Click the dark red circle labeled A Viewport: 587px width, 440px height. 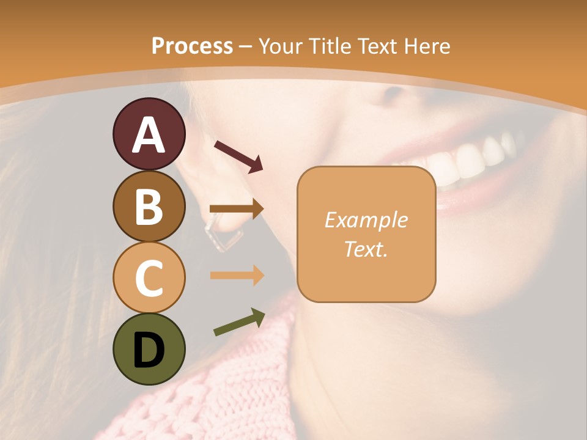pyautogui.click(x=149, y=134)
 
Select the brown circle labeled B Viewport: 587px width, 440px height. pyautogui.click(x=149, y=206)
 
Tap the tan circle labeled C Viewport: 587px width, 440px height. pyautogui.click(x=149, y=277)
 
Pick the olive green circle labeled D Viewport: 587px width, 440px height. pyautogui.click(x=149, y=349)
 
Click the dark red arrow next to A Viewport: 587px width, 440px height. pyautogui.click(x=238, y=155)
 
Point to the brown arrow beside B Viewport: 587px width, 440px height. pyautogui.click(x=236, y=209)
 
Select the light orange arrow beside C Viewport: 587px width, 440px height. pyautogui.click(x=236, y=276)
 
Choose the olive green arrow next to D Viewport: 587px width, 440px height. pyautogui.click(x=238, y=322)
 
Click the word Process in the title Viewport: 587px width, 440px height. pyautogui.click(x=192, y=46)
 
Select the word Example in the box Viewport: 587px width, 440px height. pyautogui.click(x=366, y=220)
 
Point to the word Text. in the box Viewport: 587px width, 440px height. pyautogui.click(x=366, y=249)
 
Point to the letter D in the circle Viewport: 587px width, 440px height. pyautogui.click(x=149, y=350)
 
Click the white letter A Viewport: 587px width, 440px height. pyautogui.click(x=149, y=134)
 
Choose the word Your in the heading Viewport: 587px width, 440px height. pyautogui.click(x=283, y=46)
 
